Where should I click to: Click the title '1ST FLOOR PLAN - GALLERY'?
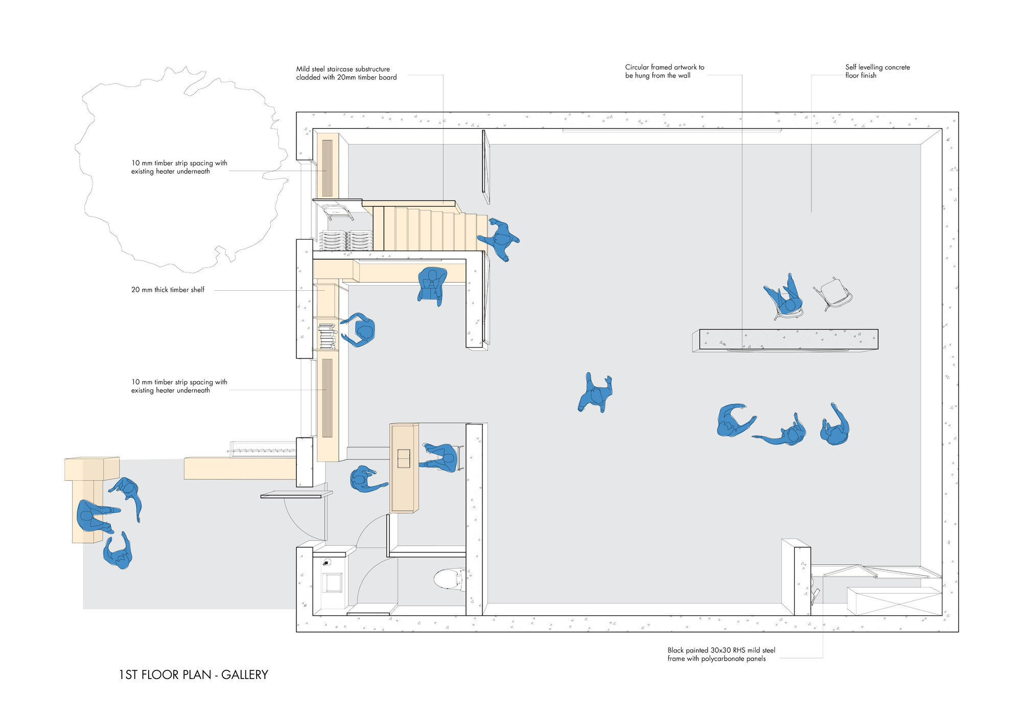coord(193,675)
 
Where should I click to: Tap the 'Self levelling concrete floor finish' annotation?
coord(877,71)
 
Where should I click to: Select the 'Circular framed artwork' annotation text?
coord(664,71)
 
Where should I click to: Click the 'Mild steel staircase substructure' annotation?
coord(346,73)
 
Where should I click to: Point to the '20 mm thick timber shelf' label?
coord(168,290)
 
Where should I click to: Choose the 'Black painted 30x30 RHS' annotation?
coord(721,655)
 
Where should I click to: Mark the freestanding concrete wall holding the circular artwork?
coord(787,339)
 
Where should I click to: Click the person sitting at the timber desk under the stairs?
coord(432,285)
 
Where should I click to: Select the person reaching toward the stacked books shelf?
coord(361,330)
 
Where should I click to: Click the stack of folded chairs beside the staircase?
coord(346,240)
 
